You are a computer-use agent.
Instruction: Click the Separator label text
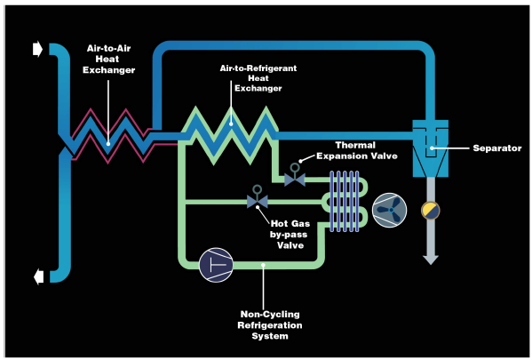(x=497, y=148)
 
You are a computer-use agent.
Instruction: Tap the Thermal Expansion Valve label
(x=356, y=150)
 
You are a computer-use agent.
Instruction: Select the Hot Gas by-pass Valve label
(x=290, y=235)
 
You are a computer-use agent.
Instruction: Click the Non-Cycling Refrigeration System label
(x=270, y=325)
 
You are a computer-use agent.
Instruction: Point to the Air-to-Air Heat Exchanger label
(x=108, y=59)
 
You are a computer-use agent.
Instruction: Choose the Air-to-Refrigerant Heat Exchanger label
(x=258, y=78)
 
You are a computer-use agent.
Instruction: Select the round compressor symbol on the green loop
(x=216, y=265)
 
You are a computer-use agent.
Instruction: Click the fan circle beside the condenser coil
(x=390, y=211)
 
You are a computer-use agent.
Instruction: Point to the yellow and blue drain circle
(x=431, y=211)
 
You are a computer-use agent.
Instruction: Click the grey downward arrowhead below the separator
(x=431, y=260)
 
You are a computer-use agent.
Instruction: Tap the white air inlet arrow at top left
(x=37, y=49)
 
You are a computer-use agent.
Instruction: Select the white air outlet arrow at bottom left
(x=39, y=276)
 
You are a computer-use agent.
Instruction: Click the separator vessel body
(x=430, y=148)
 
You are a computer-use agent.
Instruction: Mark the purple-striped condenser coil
(x=345, y=202)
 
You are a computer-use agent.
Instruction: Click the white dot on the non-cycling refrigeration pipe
(x=263, y=265)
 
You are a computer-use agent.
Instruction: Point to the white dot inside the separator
(x=432, y=148)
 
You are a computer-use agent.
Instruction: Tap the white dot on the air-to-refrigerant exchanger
(x=231, y=124)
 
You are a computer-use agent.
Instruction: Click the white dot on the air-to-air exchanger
(x=108, y=144)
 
